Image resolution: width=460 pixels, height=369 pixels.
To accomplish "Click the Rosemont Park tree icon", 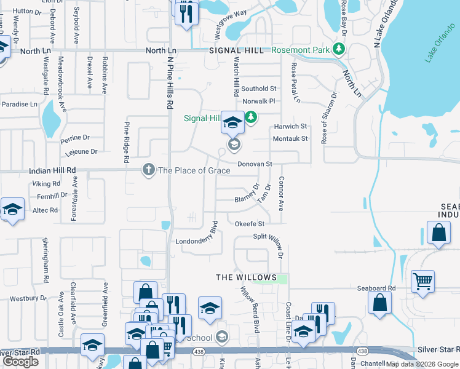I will click(x=337, y=49).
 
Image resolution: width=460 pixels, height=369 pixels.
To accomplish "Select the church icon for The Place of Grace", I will click(x=148, y=170).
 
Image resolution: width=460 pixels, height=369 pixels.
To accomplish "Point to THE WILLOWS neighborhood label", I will click(x=247, y=277).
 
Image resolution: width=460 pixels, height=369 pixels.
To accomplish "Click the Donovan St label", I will click(x=255, y=164).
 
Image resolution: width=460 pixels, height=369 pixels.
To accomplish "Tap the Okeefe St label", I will click(x=249, y=224).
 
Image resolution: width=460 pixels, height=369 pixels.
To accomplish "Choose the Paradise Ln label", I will click(x=19, y=105).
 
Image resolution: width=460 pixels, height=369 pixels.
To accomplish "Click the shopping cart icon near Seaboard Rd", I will click(x=422, y=281).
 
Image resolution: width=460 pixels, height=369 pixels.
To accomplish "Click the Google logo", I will click(x=20, y=362).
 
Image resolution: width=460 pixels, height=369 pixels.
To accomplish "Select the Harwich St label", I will click(x=291, y=126).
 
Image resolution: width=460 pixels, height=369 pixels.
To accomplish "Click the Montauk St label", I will click(x=290, y=139).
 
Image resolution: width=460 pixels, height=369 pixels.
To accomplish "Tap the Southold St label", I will click(x=259, y=89).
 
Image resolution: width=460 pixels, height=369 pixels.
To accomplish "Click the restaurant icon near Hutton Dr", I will click(x=186, y=13).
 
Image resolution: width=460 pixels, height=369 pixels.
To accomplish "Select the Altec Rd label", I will click(x=45, y=210).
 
